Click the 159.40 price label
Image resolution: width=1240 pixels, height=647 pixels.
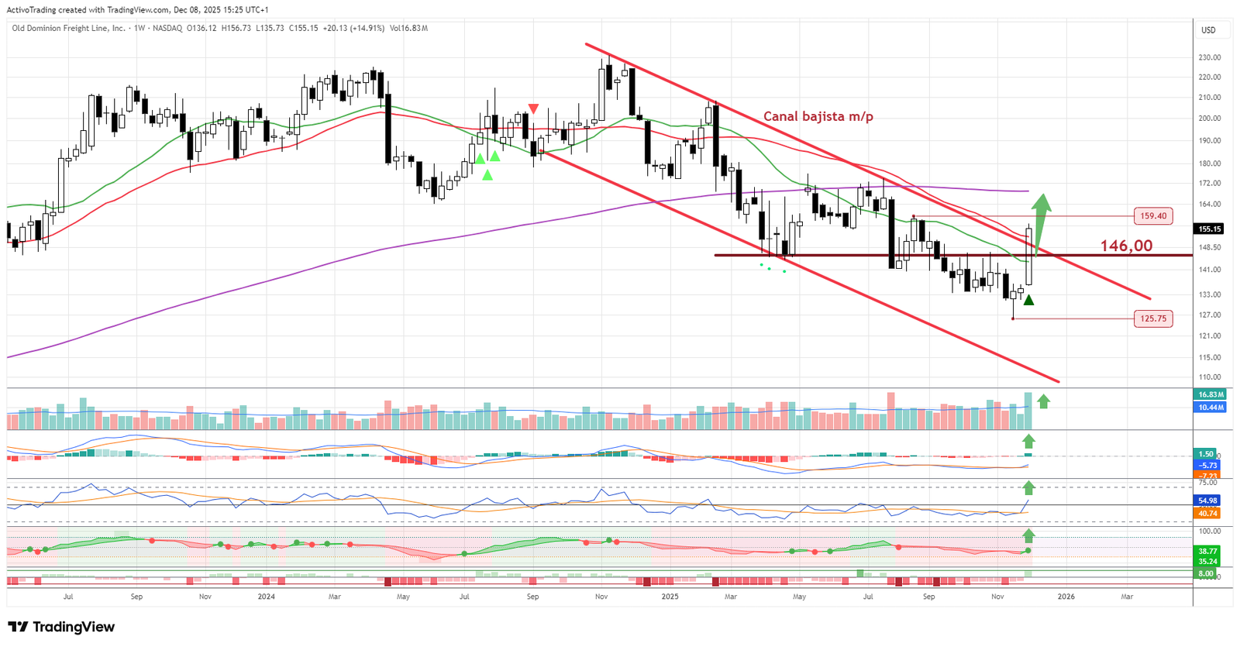point(1153,216)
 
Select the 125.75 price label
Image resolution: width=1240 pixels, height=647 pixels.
point(1153,318)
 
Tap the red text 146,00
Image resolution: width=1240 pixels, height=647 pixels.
point(1126,246)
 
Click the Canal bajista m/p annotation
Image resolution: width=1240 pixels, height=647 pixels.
point(818,116)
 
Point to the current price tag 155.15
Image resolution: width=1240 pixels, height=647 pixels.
point(1210,229)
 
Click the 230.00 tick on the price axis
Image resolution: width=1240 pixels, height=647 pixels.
point(1209,57)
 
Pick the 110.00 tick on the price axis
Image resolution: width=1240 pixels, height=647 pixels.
point(1209,377)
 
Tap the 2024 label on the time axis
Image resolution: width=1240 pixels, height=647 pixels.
point(266,597)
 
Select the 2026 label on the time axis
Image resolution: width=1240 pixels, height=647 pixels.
point(1066,597)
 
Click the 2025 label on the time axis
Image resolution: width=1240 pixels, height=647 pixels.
point(670,597)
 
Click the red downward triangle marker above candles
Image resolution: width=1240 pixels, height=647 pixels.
point(533,108)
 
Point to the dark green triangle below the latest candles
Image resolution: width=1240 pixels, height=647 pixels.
point(1028,300)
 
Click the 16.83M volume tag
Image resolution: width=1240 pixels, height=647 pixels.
point(1211,394)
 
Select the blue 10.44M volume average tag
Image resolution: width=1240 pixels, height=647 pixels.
point(1211,407)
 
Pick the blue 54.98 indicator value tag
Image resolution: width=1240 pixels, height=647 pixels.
point(1207,501)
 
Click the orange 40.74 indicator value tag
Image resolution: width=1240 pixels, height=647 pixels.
point(1207,513)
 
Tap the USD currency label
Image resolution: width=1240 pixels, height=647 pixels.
point(1208,30)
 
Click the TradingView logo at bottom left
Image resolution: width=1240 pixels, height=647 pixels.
point(61,627)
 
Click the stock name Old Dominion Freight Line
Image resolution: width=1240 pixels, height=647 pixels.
point(68,28)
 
